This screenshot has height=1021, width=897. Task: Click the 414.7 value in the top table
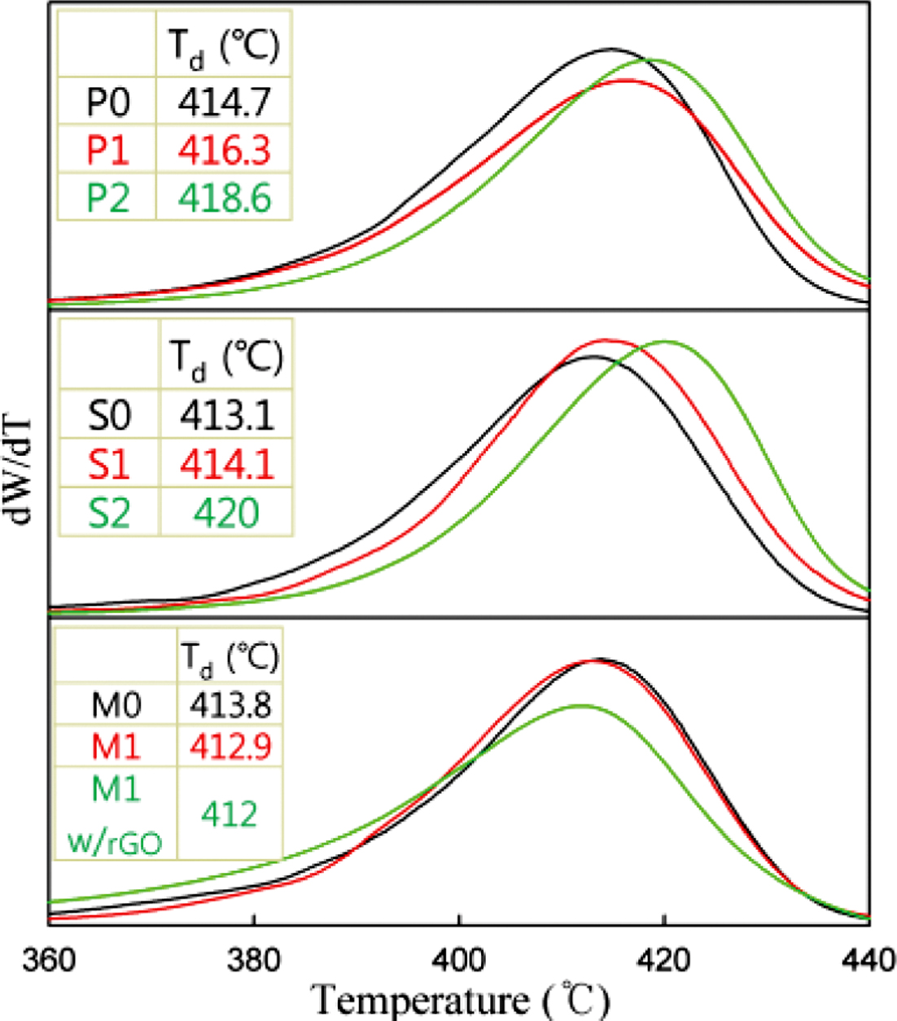(x=224, y=103)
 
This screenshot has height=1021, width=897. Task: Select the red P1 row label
(x=108, y=151)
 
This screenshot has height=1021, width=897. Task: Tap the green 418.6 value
(x=224, y=199)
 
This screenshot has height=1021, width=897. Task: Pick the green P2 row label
(x=108, y=199)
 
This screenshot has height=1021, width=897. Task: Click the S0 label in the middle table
(x=109, y=416)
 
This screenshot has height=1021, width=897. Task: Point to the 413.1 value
(x=227, y=416)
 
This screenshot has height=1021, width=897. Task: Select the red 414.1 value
(x=227, y=464)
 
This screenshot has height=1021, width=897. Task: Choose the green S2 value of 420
(x=227, y=513)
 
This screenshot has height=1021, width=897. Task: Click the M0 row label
(x=116, y=704)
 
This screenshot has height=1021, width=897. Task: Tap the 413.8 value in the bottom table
(x=230, y=704)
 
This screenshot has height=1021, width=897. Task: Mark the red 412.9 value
(x=230, y=746)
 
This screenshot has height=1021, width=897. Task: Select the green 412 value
(x=230, y=813)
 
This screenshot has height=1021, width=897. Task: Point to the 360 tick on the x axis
(x=49, y=961)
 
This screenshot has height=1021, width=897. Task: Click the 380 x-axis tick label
(x=254, y=961)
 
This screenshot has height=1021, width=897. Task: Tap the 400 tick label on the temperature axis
(x=459, y=961)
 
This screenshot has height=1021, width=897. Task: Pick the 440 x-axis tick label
(x=869, y=961)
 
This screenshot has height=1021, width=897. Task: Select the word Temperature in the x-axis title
(x=419, y=1000)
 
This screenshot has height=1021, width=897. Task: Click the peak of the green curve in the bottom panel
(x=580, y=705)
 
